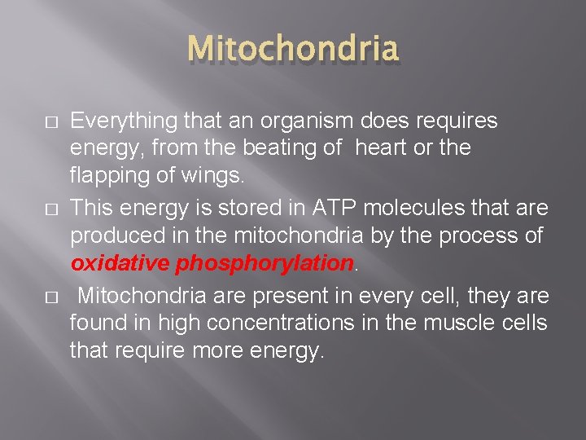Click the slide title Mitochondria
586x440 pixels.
coord(293,50)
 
